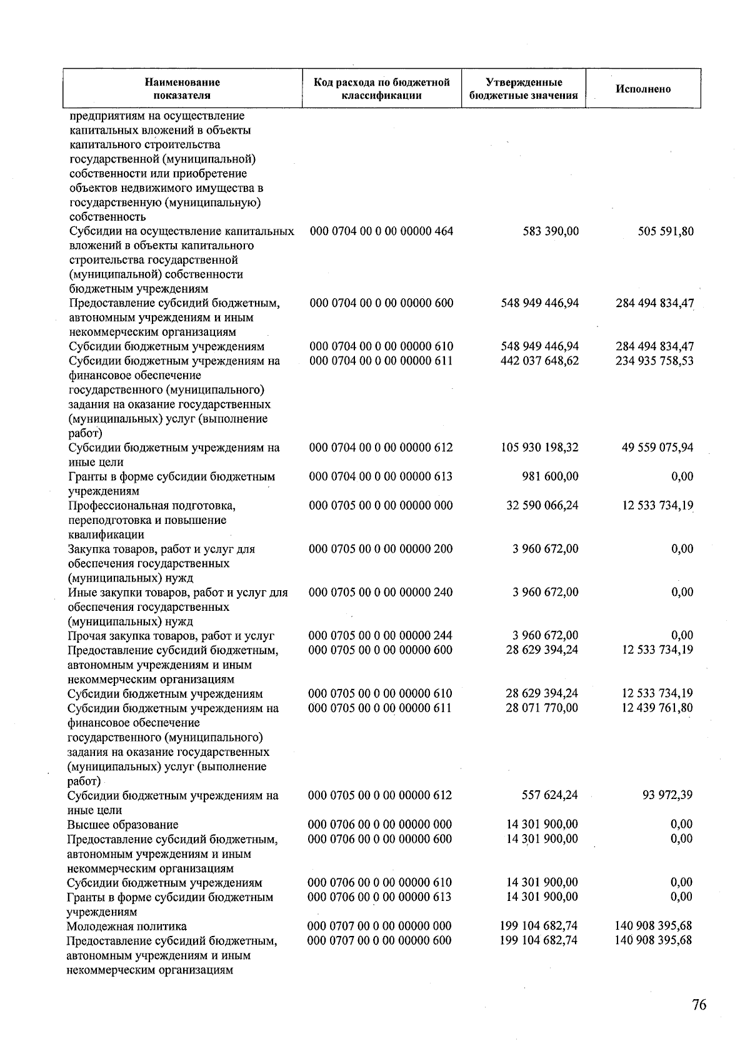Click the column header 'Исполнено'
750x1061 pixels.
643,89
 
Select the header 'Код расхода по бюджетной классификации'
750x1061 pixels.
381,89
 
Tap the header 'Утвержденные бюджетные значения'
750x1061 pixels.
523,89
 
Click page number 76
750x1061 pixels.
699,1005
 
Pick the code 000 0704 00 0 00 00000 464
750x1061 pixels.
381,231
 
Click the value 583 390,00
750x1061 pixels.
551,231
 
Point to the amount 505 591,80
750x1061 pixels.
664,231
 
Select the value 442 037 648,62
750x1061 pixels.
539,361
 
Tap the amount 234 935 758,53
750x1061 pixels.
654,361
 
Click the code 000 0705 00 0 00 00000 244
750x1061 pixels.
381,636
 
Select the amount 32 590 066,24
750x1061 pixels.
542,505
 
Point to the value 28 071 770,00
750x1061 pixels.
542,708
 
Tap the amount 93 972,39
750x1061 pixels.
668,795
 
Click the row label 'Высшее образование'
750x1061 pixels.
122,825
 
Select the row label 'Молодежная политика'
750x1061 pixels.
127,926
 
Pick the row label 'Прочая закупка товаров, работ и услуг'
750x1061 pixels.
171,636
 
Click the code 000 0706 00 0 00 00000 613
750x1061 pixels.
380,897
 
